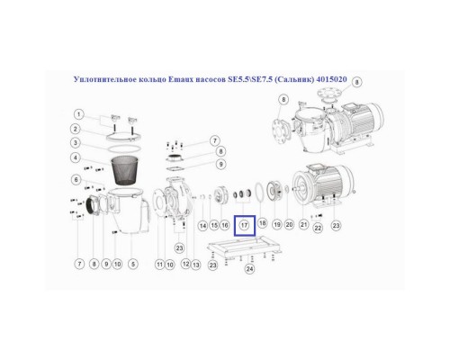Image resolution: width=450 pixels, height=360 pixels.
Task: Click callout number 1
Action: [x=78, y=114]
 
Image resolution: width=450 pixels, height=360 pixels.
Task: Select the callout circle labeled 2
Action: [x=78, y=129]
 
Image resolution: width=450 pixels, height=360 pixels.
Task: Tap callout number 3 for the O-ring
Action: [x=78, y=143]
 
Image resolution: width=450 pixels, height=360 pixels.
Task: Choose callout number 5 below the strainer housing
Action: [x=78, y=180]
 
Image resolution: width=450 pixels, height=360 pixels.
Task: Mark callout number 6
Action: [x=79, y=264]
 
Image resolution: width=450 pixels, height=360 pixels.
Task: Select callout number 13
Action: [x=195, y=264]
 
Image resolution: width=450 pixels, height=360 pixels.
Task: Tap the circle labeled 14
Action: [x=202, y=224]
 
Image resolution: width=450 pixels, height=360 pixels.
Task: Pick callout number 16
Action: [x=224, y=224]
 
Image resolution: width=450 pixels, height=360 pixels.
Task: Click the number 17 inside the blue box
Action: [x=244, y=224]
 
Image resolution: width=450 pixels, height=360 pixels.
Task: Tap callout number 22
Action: [x=319, y=229]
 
